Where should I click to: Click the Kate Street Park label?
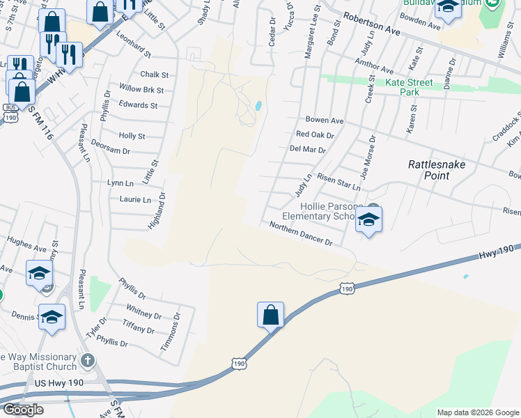410,87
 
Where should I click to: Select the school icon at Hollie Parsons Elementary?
368,221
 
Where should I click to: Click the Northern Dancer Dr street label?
301,234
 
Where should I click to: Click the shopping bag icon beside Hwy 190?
270,315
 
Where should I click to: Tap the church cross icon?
87,360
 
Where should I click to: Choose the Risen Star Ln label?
338,182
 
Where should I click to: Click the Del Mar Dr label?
307,149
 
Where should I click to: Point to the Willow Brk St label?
141,90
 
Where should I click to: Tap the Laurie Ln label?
136,200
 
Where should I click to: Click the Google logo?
23,410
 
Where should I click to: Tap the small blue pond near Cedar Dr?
258,106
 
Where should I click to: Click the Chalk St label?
154,75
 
